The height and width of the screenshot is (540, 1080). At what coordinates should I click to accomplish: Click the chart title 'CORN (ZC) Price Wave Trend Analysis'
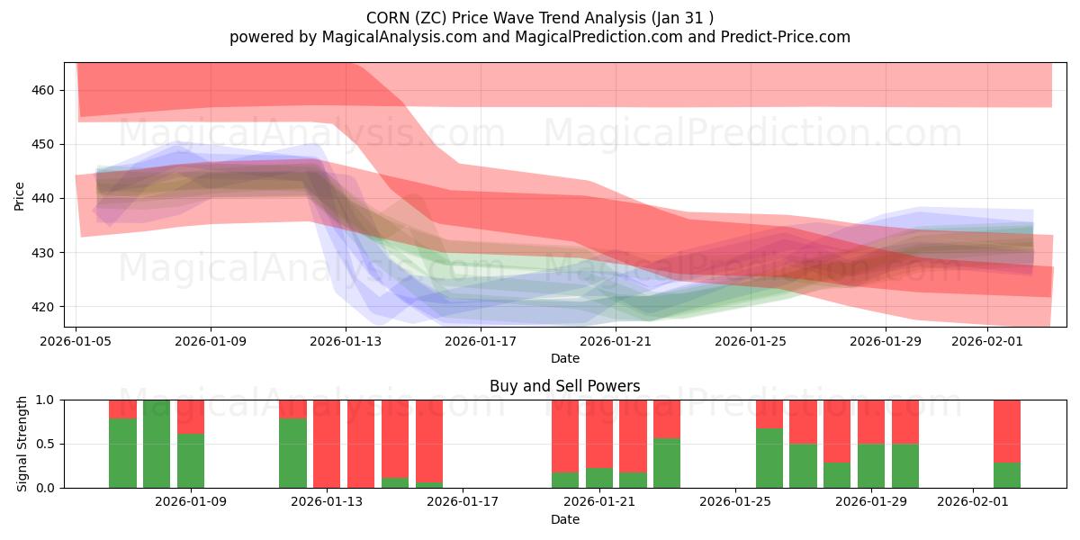540,17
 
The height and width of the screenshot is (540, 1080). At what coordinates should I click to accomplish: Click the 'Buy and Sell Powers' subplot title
564,386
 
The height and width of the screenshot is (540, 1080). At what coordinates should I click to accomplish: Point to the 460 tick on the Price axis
44,90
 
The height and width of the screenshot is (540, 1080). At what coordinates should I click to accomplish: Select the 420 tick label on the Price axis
44,307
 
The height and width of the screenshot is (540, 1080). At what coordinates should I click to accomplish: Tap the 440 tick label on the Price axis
44,198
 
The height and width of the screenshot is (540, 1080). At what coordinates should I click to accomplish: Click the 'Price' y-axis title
19,195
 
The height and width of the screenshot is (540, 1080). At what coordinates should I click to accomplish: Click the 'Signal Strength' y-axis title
22,444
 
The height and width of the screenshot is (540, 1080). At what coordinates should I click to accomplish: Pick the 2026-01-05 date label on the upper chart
76,341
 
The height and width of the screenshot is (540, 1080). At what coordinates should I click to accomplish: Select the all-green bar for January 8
157,444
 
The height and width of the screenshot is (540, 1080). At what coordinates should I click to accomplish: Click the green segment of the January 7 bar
122,453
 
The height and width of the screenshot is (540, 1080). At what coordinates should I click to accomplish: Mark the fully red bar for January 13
327,444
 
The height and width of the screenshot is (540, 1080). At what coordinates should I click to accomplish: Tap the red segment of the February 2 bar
1007,431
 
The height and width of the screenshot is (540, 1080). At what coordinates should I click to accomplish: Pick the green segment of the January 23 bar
667,463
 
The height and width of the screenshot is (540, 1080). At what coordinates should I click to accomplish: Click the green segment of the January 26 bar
769,458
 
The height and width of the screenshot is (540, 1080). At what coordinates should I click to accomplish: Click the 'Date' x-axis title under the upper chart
564,358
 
